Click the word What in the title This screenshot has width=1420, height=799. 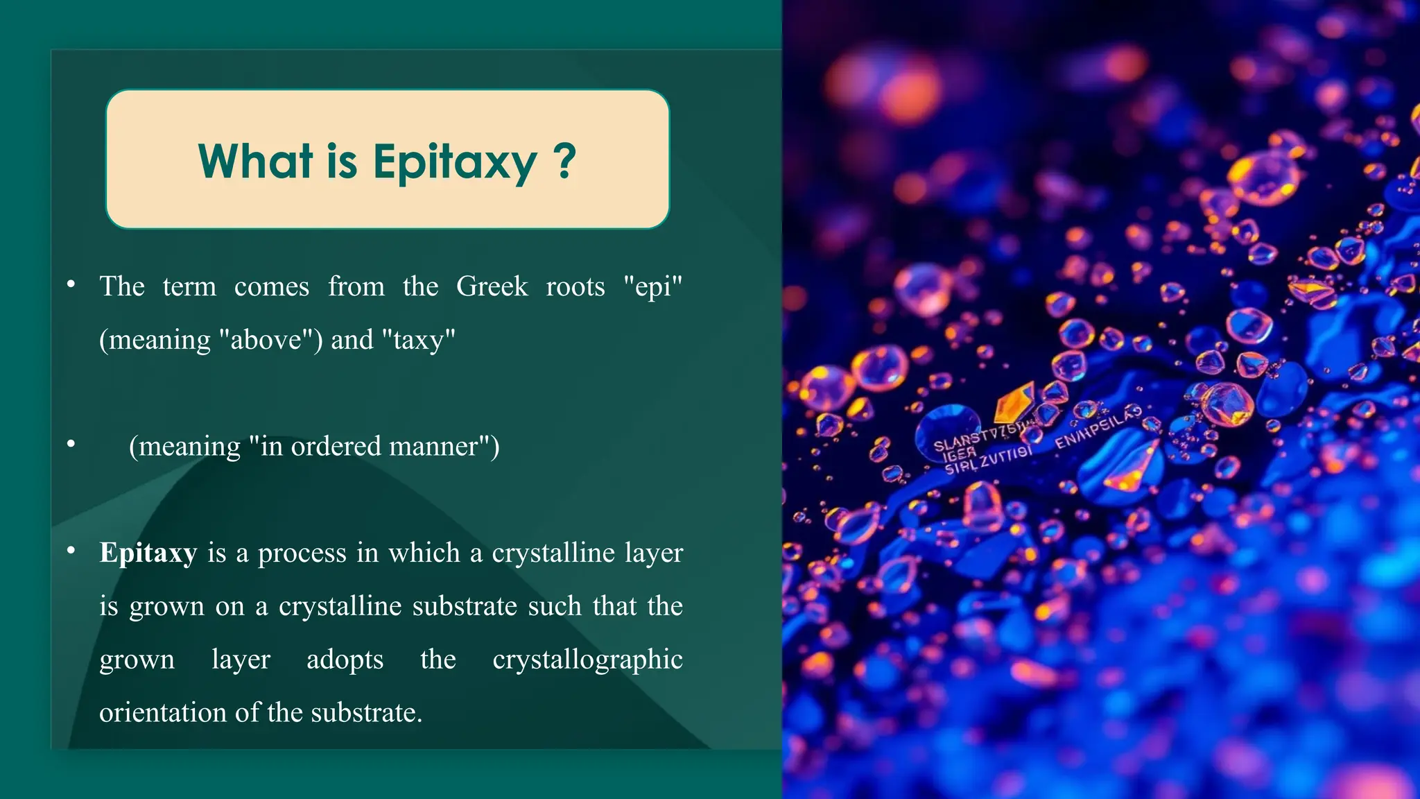255,162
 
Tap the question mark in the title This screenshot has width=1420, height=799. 565,162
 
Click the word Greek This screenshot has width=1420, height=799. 492,286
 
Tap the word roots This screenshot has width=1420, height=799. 575,286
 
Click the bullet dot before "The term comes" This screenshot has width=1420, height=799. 71,284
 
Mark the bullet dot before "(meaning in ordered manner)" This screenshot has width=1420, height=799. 71,444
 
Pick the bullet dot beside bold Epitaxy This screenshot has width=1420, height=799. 71,551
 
